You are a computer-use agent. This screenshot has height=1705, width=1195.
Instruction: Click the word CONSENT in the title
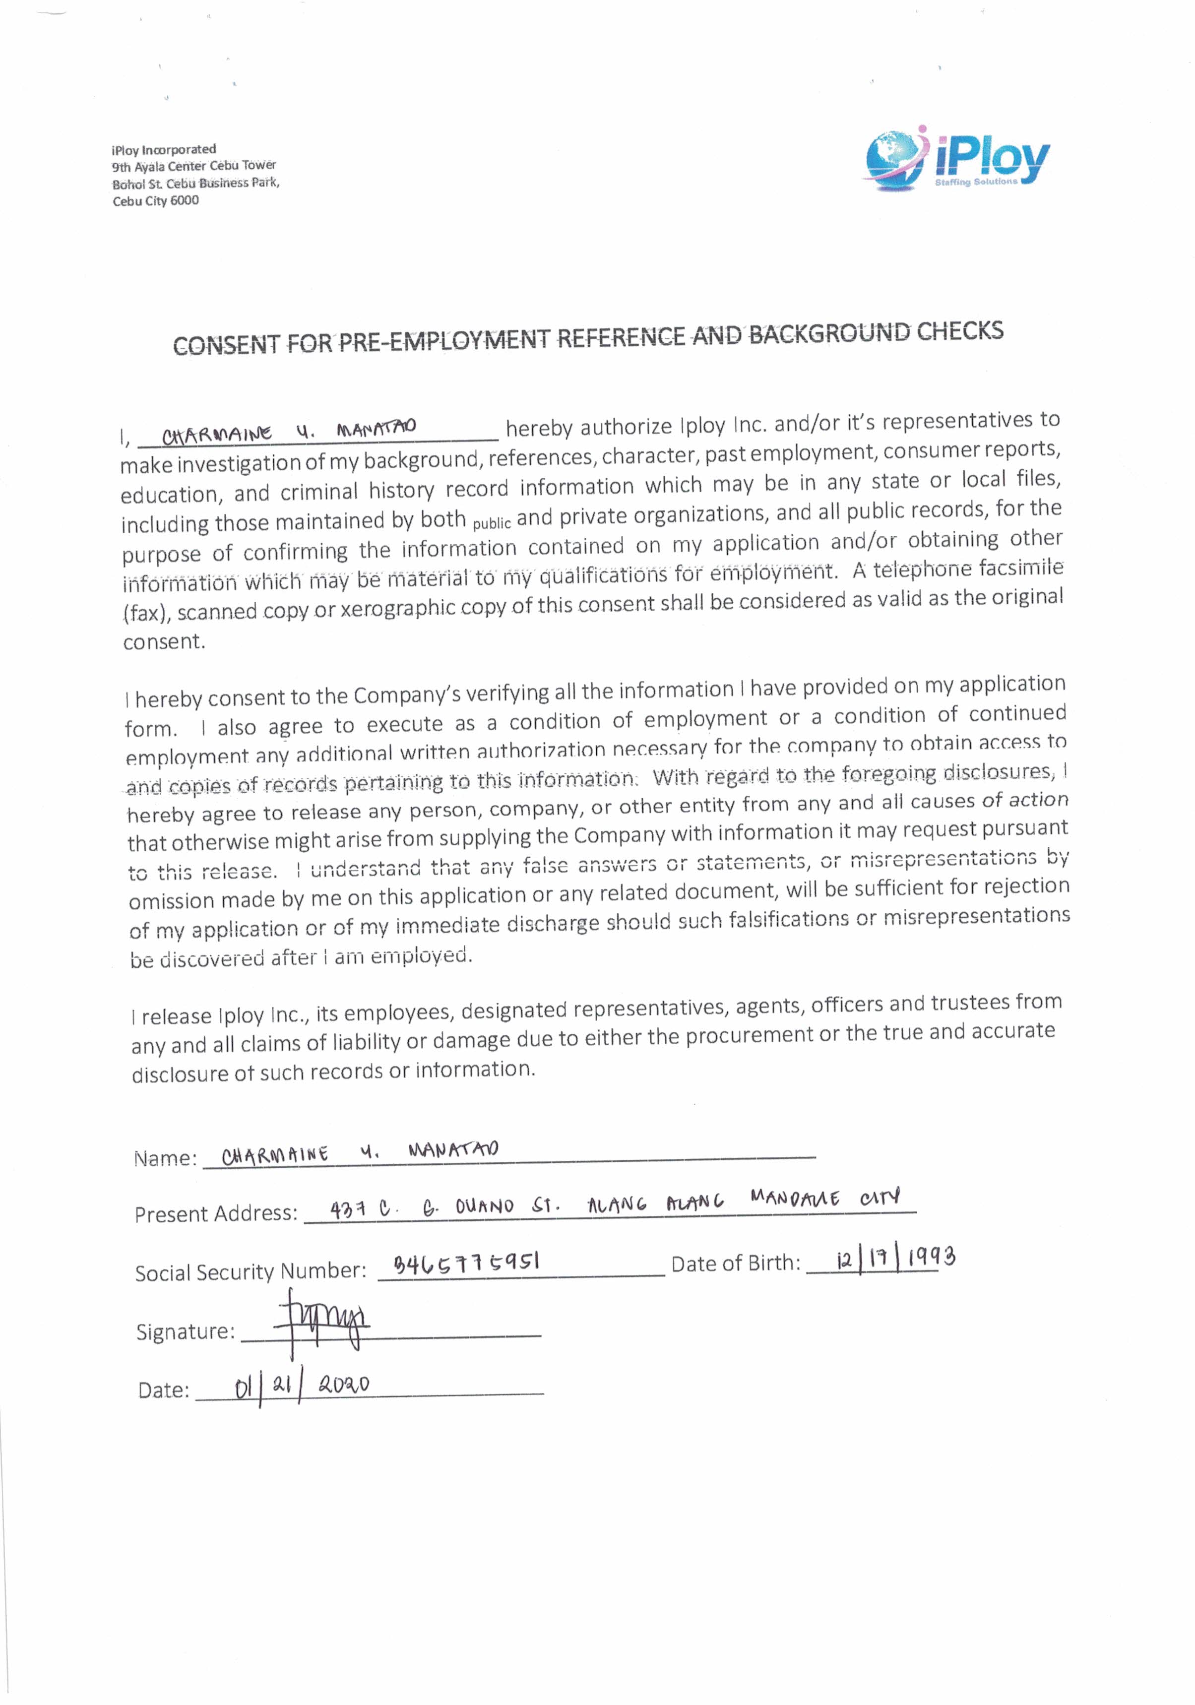click(x=226, y=345)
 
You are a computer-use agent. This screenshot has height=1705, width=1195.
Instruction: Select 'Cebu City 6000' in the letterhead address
click(x=156, y=200)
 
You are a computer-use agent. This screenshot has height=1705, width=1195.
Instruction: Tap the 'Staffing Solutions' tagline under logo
click(x=975, y=182)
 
